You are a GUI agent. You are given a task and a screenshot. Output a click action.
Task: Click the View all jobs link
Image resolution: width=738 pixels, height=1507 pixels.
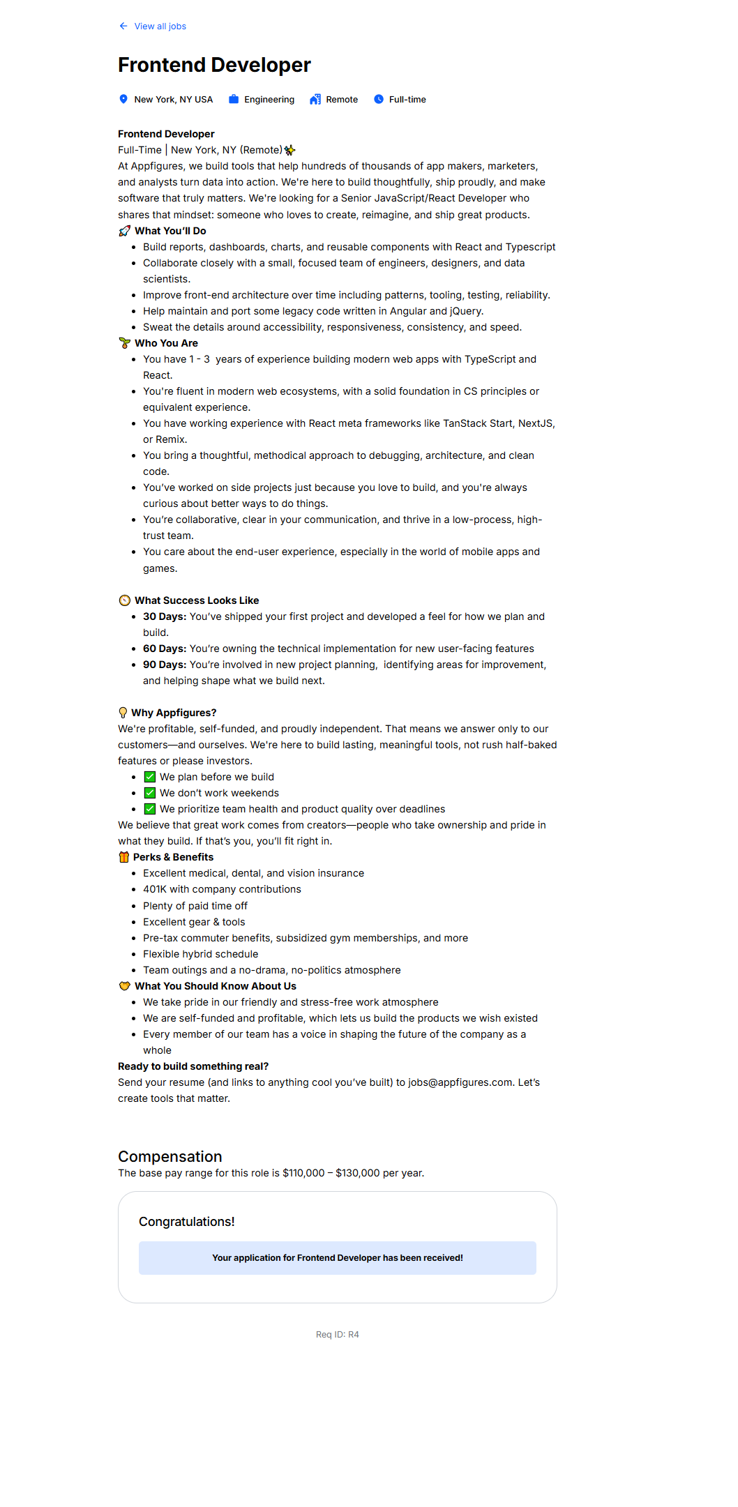tap(160, 26)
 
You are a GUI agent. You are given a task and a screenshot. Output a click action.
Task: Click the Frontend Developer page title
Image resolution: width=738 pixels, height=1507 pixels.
tap(214, 65)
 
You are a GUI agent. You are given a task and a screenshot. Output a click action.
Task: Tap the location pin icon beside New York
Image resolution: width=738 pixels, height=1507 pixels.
tap(123, 99)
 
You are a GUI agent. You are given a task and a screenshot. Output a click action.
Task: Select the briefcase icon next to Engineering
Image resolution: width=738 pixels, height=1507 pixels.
tap(234, 99)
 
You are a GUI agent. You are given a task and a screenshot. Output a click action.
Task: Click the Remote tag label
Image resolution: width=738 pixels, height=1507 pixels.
tap(342, 100)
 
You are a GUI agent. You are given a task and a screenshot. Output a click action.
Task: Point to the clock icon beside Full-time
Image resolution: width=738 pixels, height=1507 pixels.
tap(379, 99)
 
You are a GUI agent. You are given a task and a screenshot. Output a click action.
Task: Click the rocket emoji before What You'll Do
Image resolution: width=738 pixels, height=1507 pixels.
tap(125, 231)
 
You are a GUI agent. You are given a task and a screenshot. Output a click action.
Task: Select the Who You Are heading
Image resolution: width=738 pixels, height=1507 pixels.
tap(166, 343)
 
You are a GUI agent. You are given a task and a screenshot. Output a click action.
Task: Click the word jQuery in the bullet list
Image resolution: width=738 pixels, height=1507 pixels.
tap(465, 311)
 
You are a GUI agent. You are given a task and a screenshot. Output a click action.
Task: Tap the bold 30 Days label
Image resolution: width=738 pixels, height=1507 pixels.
tap(165, 616)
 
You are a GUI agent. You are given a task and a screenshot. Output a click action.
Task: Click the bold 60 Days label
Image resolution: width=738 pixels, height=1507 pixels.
tap(165, 649)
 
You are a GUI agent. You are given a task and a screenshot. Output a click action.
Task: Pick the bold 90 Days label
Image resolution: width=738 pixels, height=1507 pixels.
tap(165, 665)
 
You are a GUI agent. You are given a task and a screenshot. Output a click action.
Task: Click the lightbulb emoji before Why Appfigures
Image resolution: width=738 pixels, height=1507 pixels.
tap(123, 713)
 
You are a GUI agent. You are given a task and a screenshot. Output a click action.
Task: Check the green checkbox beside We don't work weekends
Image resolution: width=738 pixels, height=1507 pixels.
tap(150, 793)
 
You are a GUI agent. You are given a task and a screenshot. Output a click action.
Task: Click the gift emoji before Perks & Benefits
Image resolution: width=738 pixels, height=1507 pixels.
tap(124, 857)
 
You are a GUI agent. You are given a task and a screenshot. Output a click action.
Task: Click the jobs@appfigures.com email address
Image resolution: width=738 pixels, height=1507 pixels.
tap(460, 1082)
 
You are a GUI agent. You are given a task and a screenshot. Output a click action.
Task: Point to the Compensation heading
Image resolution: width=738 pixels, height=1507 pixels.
tap(170, 1156)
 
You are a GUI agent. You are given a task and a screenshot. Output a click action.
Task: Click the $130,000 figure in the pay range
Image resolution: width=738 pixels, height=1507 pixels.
tap(358, 1173)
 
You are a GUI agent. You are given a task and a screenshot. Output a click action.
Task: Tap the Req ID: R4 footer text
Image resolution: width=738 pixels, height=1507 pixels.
tap(338, 1334)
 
